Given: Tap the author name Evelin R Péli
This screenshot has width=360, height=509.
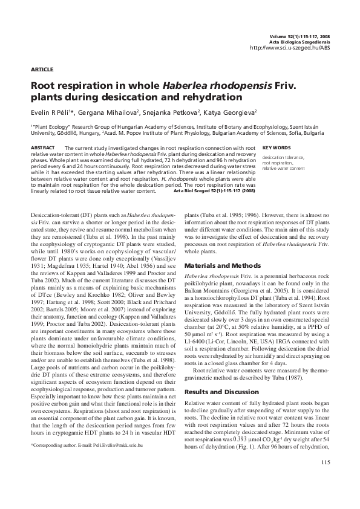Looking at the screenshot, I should [x=51, y=112].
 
